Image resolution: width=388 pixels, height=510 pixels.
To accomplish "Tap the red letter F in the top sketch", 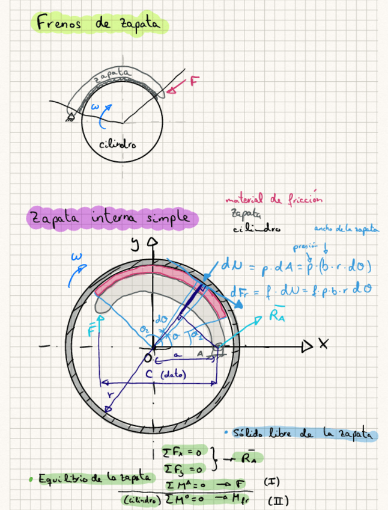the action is click(x=193, y=82).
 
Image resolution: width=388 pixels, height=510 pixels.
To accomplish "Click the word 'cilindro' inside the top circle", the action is click(x=118, y=144).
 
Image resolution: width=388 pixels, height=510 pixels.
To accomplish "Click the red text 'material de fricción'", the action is click(x=274, y=199).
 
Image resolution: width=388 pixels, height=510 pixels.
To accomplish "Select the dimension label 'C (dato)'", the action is click(x=166, y=375).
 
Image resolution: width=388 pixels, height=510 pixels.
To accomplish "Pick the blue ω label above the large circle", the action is click(x=77, y=257).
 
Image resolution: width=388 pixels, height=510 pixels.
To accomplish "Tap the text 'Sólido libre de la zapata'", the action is click(x=303, y=433).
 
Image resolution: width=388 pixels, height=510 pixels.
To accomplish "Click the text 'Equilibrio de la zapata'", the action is click(x=93, y=478).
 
